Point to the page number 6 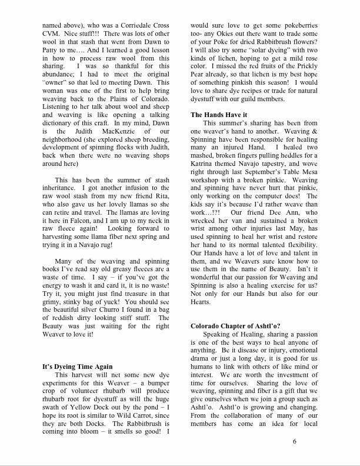point(294,441)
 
